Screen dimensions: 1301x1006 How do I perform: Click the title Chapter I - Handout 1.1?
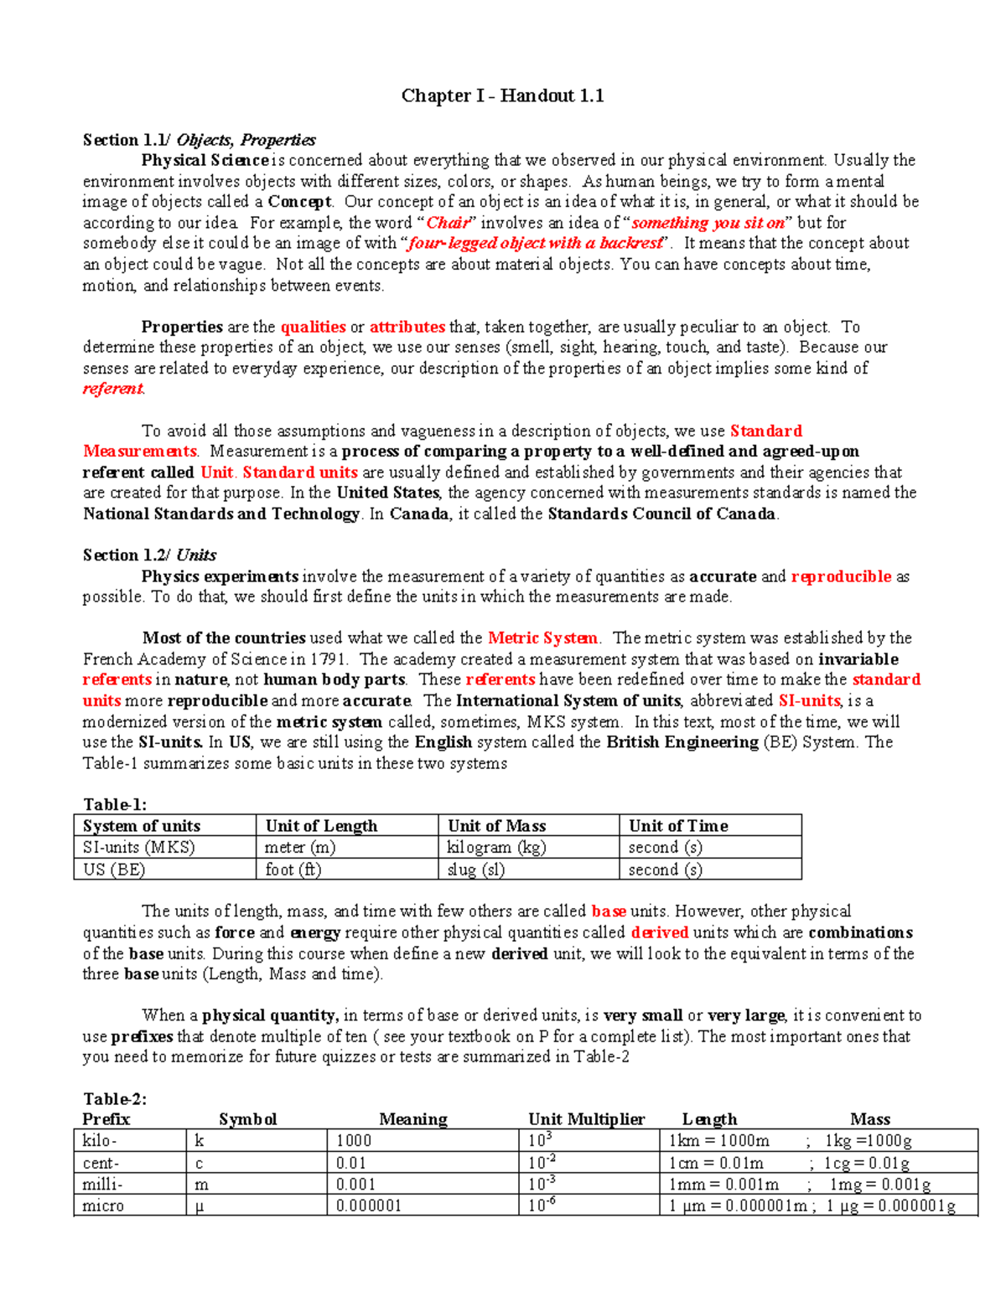pos(502,96)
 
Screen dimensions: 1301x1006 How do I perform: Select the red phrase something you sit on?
pos(708,223)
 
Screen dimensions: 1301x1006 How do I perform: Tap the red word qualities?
pos(313,327)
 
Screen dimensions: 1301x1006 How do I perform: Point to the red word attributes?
pos(407,327)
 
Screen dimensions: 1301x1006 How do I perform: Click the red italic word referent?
pos(113,389)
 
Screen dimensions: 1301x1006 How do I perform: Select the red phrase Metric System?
pos(542,638)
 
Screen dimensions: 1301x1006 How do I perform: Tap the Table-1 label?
pos(115,805)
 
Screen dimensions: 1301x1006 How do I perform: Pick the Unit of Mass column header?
pos(496,826)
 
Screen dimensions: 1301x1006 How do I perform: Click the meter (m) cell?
pos(300,848)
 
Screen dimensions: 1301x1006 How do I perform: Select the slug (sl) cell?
pos(475,870)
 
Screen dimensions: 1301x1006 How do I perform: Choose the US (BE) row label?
pos(114,870)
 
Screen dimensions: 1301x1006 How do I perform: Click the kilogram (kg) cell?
pos(496,848)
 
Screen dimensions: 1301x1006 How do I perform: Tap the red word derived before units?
pos(659,932)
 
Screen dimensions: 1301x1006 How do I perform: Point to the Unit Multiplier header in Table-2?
pos(586,1119)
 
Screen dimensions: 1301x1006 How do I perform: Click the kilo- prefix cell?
pos(100,1141)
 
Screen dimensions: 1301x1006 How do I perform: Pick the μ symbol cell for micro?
pos(200,1206)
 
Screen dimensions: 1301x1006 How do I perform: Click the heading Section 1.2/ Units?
pos(149,555)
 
